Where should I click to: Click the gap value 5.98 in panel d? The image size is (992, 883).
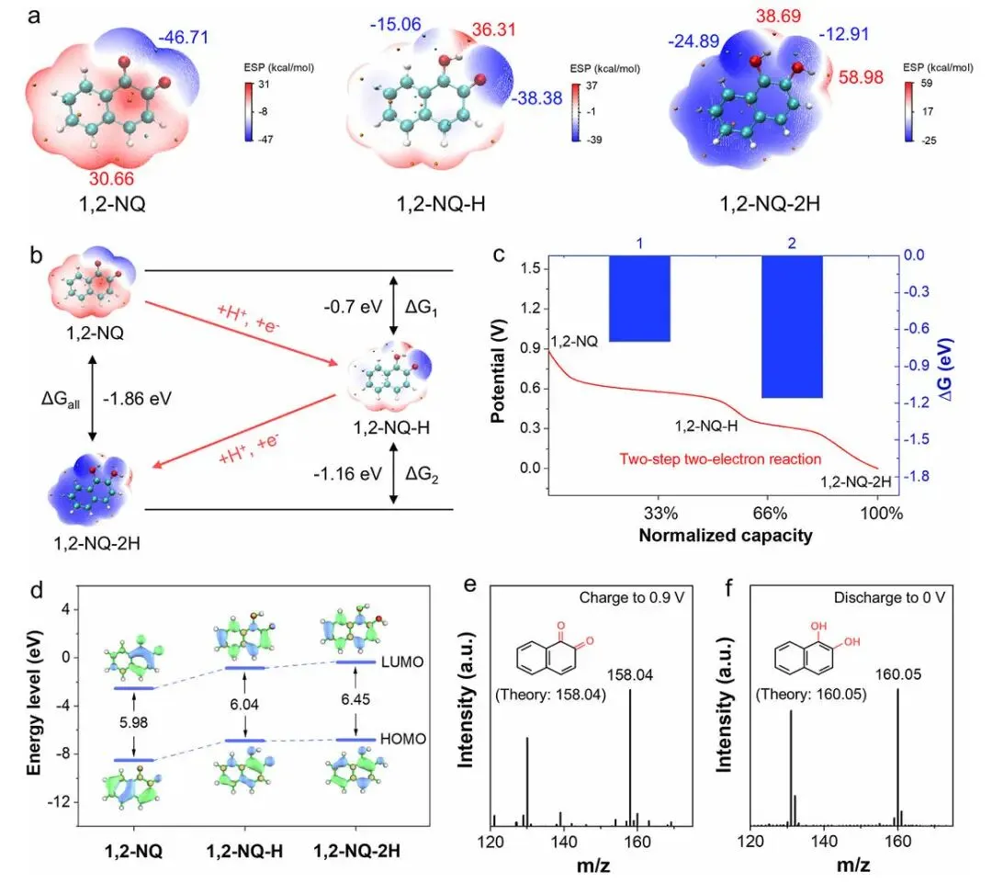pos(134,722)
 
